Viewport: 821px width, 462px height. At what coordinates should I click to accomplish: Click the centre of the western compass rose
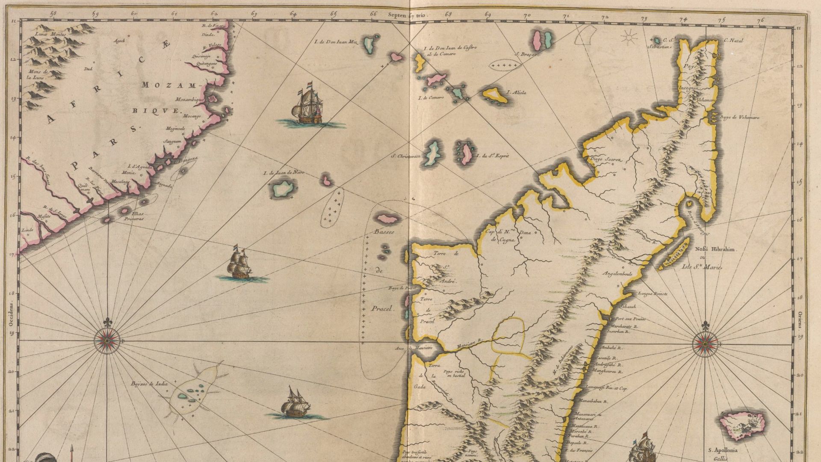coord(107,341)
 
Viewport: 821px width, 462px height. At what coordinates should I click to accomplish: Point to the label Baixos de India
coord(149,384)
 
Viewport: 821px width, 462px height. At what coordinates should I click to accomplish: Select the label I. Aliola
coord(517,92)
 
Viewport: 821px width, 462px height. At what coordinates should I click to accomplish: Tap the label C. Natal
coord(734,41)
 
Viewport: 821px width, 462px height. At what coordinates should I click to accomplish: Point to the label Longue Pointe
coord(652,294)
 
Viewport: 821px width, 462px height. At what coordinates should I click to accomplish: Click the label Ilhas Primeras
coord(133,216)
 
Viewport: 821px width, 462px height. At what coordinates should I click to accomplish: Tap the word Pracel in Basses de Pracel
coord(383,308)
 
